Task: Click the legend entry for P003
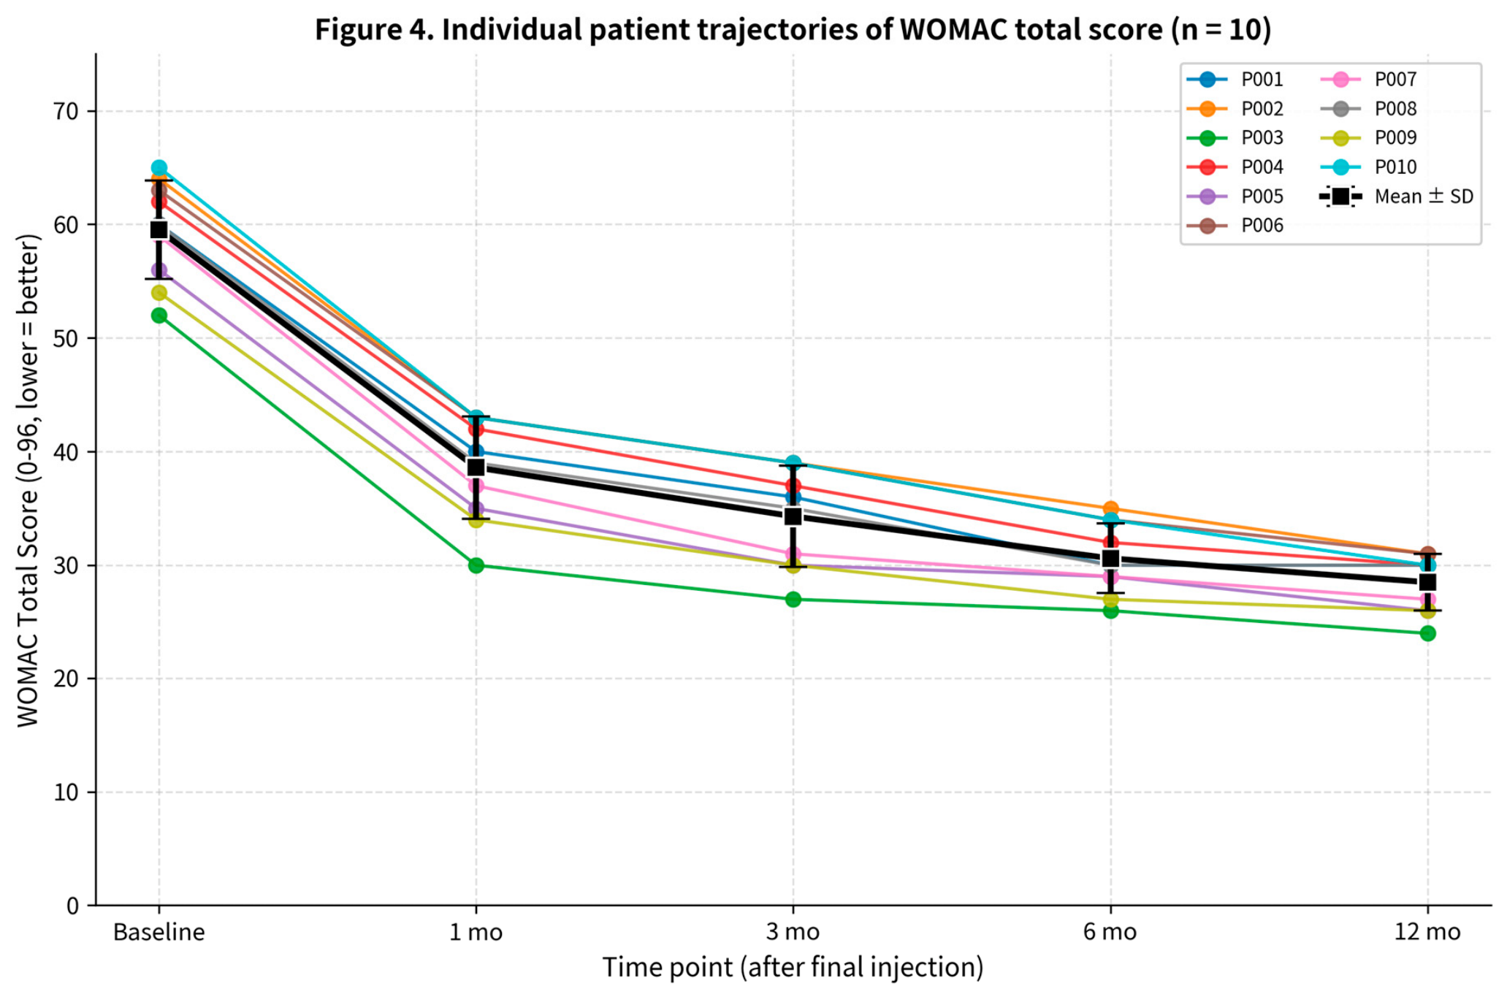pyautogui.click(x=1235, y=138)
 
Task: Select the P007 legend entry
pyautogui.click(x=1368, y=80)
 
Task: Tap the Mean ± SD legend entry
pyautogui.click(x=1396, y=196)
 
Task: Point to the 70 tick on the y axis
pyautogui.click(x=66, y=112)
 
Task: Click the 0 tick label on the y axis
pyautogui.click(x=72, y=906)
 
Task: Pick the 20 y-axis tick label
pyautogui.click(x=66, y=679)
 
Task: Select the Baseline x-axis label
pyautogui.click(x=159, y=933)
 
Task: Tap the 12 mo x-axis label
pyautogui.click(x=1427, y=933)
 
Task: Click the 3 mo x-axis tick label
pyautogui.click(x=793, y=933)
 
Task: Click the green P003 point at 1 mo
pyautogui.click(x=476, y=565)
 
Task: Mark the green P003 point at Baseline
pyautogui.click(x=159, y=316)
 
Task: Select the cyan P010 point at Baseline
pyautogui.click(x=159, y=168)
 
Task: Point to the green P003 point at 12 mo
pyautogui.click(x=1427, y=633)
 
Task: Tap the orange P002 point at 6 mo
pyautogui.click(x=1110, y=508)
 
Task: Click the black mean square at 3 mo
pyautogui.click(x=793, y=516)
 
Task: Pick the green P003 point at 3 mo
pyautogui.click(x=793, y=600)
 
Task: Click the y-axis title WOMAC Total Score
pyautogui.click(x=28, y=481)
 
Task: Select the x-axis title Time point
pyautogui.click(x=793, y=968)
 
